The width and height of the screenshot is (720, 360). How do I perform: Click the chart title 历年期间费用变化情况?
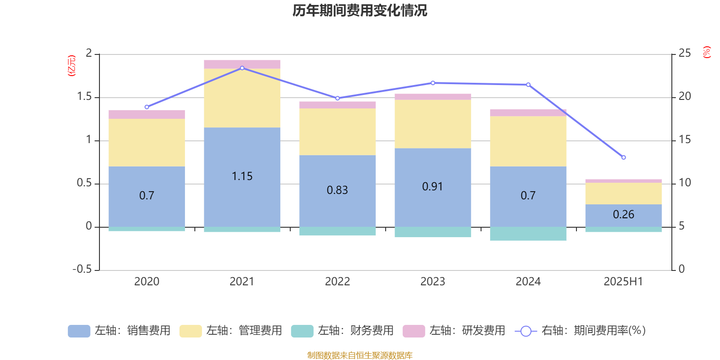360,10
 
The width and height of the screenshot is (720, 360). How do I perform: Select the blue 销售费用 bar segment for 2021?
242,153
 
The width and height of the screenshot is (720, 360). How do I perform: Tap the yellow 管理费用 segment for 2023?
432,124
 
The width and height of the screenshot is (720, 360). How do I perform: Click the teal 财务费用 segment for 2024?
528,234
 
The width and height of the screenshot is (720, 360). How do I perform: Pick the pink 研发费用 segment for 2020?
147,114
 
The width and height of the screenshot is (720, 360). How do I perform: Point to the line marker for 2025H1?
623,157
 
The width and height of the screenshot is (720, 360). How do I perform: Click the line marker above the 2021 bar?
242,68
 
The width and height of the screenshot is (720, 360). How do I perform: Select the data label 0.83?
337,190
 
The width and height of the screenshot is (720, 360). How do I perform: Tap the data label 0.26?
623,215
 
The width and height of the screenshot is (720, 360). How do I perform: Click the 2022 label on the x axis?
337,282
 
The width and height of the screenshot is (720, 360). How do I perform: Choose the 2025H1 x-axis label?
623,282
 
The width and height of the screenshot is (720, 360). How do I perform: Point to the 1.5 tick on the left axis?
84,97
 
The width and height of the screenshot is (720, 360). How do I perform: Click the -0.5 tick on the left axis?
82,269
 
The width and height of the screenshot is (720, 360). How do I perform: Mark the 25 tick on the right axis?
684,54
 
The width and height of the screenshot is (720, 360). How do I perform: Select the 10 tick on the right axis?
684,183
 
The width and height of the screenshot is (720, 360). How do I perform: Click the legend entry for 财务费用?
342,331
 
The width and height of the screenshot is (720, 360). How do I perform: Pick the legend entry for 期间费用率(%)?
580,331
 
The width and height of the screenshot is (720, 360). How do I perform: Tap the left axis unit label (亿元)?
71,66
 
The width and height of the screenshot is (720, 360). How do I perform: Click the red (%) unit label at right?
707,52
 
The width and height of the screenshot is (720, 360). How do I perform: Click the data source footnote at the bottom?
360,355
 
